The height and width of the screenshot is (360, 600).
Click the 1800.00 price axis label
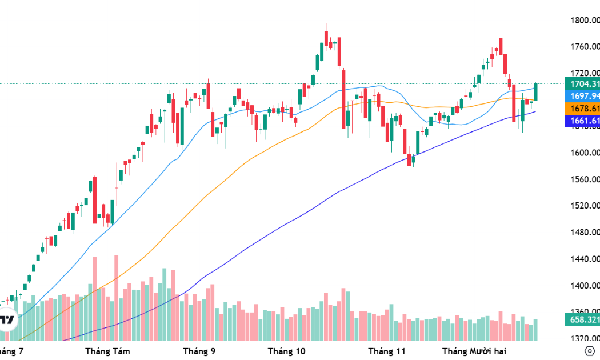[584, 21]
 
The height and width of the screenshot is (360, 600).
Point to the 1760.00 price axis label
[584, 47]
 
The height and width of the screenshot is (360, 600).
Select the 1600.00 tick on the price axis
[584, 153]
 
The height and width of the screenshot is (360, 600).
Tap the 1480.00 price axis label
[584, 233]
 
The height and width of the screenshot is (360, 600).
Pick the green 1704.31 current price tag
[582, 84]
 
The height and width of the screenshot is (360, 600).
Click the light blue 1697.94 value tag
[582, 96]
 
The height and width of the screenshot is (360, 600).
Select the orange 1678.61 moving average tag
[582, 109]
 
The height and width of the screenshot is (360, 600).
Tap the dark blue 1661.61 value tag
[582, 121]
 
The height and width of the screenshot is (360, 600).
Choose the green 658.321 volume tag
[582, 319]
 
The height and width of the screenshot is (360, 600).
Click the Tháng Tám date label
[107, 350]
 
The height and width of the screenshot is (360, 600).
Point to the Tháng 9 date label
[199, 350]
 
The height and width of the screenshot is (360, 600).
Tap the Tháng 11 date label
[387, 350]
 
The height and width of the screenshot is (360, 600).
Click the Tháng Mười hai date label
[475, 350]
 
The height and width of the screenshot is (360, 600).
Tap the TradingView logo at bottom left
[7, 320]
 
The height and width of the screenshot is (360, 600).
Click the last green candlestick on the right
[536, 92]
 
